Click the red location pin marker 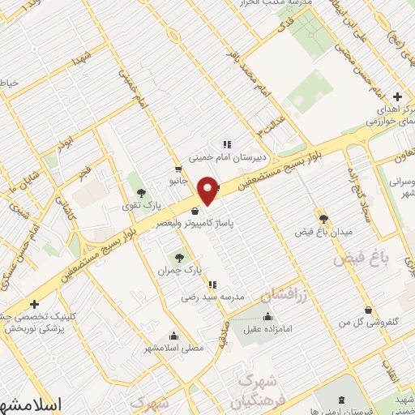point(208,190)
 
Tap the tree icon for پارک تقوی point(142,192)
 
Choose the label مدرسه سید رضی point(213,298)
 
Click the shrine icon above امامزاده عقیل point(268,316)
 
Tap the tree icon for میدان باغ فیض point(324,219)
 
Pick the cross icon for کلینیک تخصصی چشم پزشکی point(33,304)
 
